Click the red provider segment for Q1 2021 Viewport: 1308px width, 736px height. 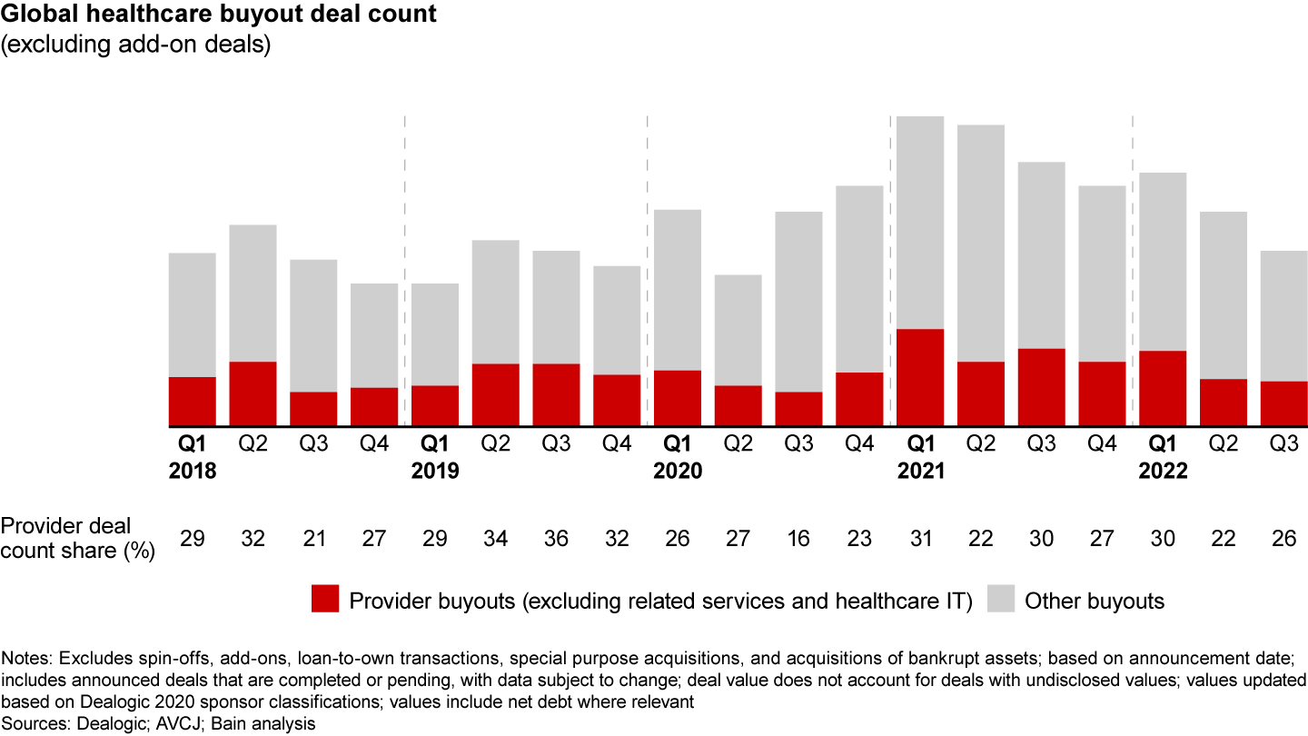[x=920, y=377]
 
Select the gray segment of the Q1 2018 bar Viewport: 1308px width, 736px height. [x=193, y=314]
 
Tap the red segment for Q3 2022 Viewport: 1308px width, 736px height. [x=1284, y=403]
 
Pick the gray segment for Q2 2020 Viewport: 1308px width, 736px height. [x=738, y=330]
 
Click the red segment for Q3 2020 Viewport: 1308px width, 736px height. [x=799, y=409]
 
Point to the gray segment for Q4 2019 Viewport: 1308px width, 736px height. [x=617, y=320]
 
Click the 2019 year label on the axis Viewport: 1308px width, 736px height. [x=435, y=472]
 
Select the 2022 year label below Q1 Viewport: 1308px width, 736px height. [x=1163, y=472]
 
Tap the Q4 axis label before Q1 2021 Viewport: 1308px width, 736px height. [x=859, y=445]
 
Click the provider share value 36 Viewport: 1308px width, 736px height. [x=557, y=539]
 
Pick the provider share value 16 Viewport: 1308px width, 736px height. [x=799, y=539]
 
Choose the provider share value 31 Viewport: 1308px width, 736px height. [x=920, y=539]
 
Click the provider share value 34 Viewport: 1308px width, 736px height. [x=496, y=539]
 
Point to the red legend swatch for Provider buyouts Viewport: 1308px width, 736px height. [x=324, y=600]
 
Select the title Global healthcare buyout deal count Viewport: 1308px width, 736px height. [x=218, y=15]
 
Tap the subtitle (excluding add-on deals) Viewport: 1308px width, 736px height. [x=136, y=45]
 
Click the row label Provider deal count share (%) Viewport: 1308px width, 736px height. [x=78, y=538]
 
